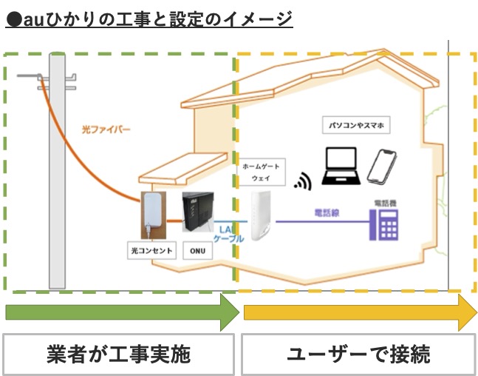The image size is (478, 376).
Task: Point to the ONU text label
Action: coord(197,252)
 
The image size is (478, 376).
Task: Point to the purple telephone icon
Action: coord(388,221)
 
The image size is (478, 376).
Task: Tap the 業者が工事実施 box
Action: coord(120,354)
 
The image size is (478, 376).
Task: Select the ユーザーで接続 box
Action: coord(358,354)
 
